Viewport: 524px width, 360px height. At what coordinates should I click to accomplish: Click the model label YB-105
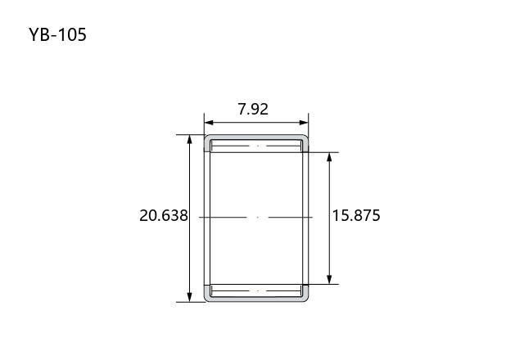tap(57, 34)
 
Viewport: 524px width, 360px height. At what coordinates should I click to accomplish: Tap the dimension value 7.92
tap(253, 109)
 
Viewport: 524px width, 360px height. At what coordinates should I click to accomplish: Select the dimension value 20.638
tap(164, 215)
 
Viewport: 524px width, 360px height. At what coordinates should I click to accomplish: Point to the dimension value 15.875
tap(356, 215)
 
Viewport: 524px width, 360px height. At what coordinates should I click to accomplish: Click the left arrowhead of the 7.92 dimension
tap(209, 123)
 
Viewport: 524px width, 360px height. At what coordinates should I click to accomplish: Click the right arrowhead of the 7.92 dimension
tap(304, 123)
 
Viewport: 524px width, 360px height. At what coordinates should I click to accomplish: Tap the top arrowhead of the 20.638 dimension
tap(189, 139)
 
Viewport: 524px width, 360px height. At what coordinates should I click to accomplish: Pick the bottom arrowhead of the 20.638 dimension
tap(189, 297)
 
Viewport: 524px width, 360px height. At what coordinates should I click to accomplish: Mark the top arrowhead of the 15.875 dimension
tap(329, 157)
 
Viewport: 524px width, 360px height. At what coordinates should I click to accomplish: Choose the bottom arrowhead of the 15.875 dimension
tap(329, 280)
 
